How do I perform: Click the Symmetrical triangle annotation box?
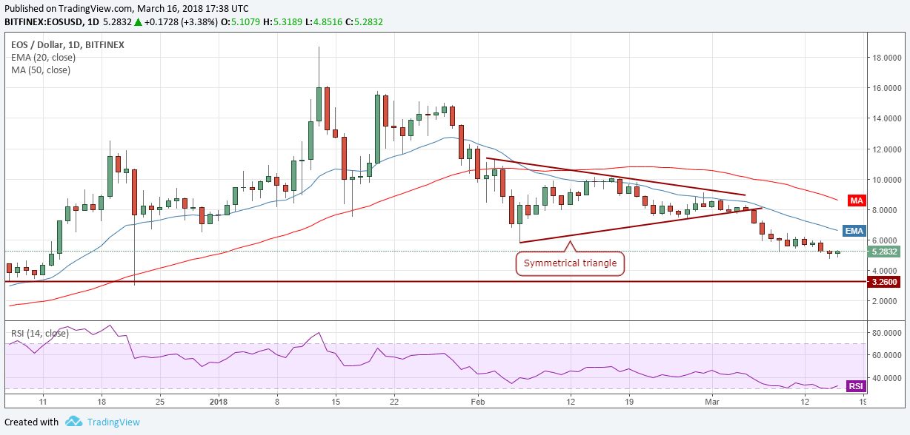click(x=570, y=263)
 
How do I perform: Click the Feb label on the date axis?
click(x=478, y=401)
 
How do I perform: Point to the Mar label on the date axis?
click(x=712, y=401)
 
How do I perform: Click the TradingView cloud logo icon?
click(x=73, y=422)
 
